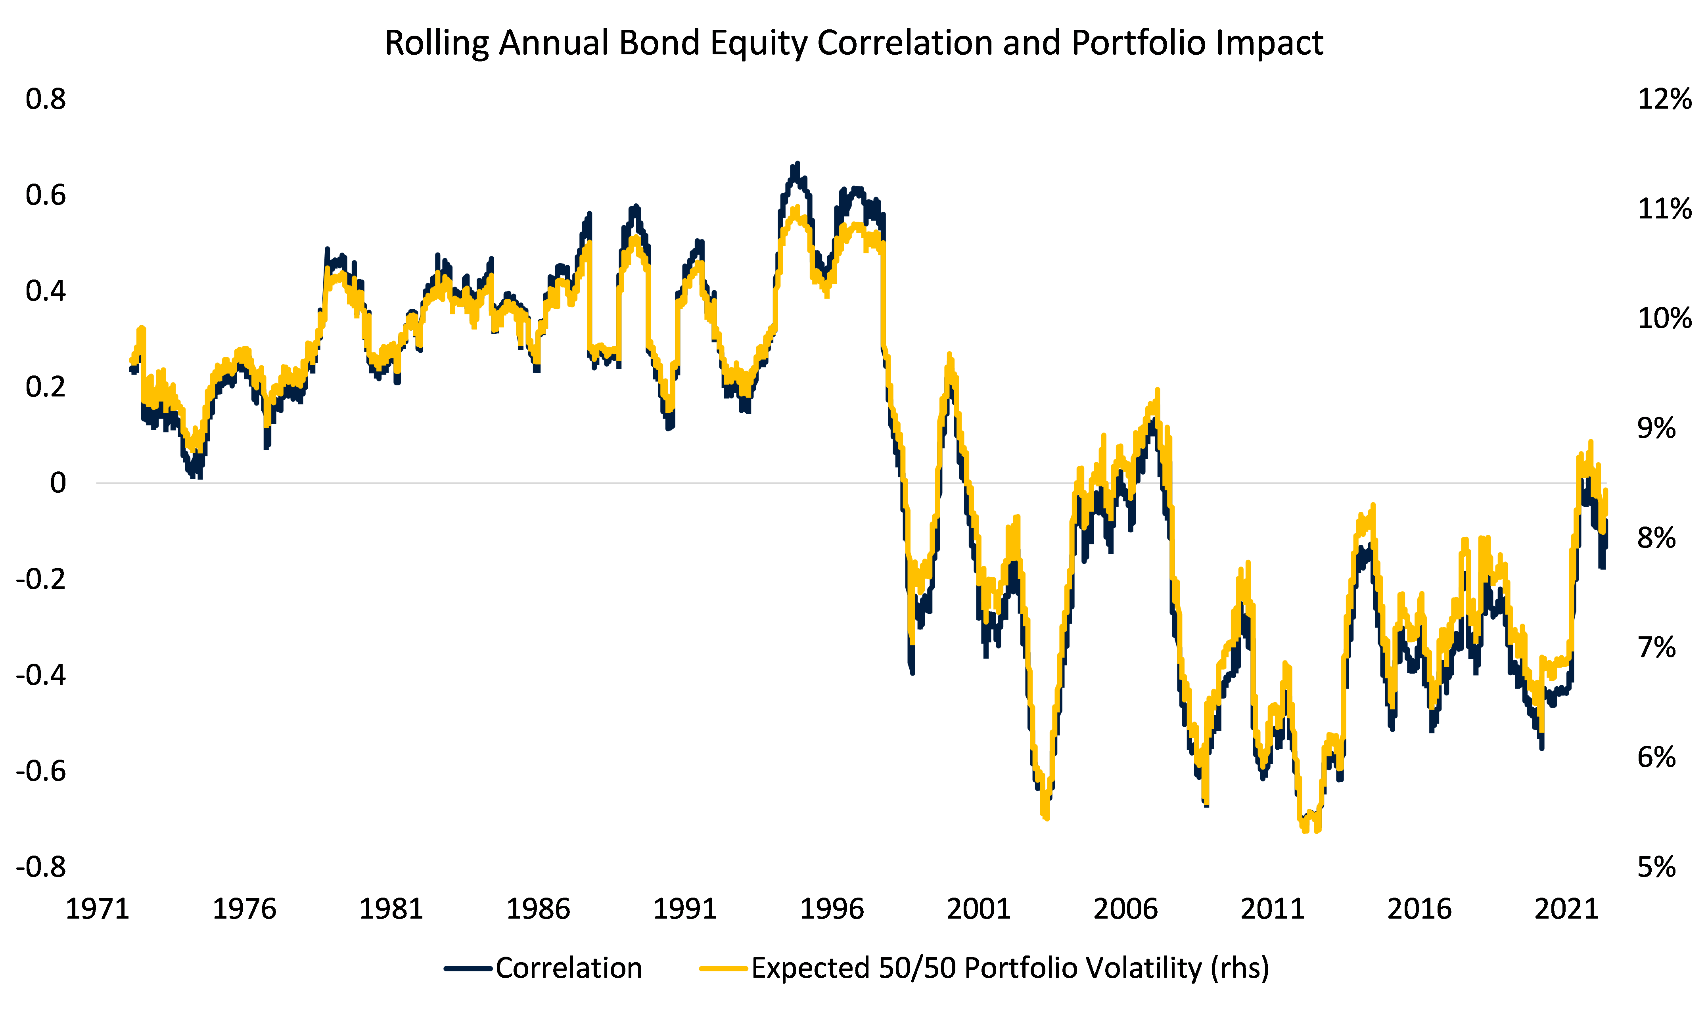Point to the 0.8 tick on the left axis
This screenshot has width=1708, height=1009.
pos(46,99)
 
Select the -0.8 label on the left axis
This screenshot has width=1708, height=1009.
pos(41,867)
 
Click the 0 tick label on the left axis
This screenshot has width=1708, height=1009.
pos(58,483)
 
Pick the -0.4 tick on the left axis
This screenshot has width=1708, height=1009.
pos(41,675)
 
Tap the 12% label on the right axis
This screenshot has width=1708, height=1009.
pos(1664,99)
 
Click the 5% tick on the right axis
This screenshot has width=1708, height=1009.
pos(1656,867)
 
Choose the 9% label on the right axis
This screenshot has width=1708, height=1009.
pos(1656,428)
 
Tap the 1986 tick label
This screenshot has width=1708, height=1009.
pos(537,909)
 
